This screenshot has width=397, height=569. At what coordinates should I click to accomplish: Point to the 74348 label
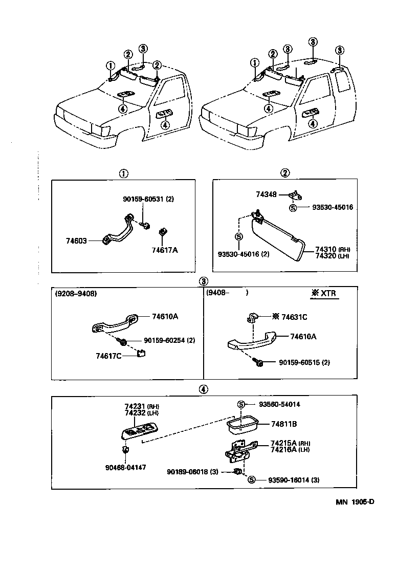pyautogui.click(x=266, y=194)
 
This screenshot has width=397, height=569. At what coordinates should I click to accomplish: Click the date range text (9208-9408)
pyautogui.click(x=76, y=293)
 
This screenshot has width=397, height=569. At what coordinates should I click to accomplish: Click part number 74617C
pyautogui.click(x=108, y=355)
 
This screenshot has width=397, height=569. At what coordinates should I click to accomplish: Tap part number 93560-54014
pyautogui.click(x=278, y=404)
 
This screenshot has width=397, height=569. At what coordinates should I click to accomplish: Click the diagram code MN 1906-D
pyautogui.click(x=355, y=501)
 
